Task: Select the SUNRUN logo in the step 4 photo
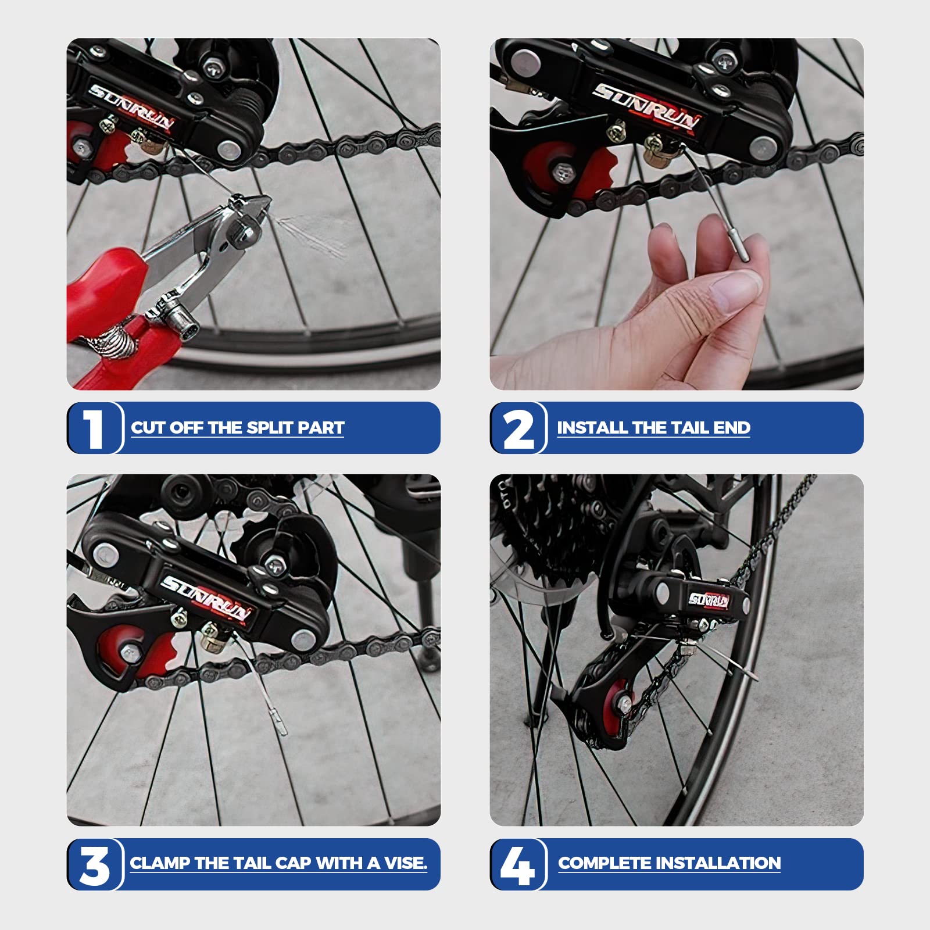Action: click(709, 600)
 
